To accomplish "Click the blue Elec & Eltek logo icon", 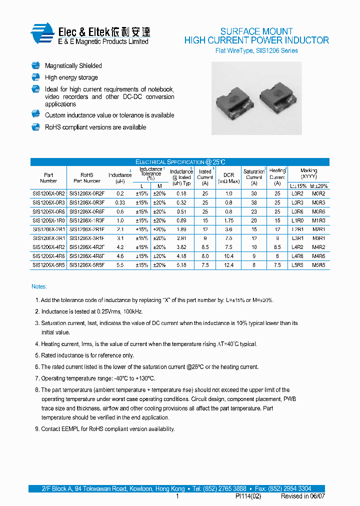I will point(42,34).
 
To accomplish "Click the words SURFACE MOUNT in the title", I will point(256,31).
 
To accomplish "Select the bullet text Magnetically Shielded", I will point(73,66).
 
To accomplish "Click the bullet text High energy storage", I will point(71,77).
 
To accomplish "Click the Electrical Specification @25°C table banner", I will point(180,162).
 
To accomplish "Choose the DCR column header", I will point(228,175).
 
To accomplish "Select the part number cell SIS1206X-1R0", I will point(48,220).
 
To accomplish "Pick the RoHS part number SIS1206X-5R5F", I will point(86,265).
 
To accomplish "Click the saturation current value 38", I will point(253,202).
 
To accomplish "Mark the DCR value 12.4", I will point(228,265).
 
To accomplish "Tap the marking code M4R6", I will point(318,256).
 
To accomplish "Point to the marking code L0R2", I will point(297,193).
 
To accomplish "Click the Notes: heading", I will point(39,286).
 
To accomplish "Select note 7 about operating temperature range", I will point(95,378).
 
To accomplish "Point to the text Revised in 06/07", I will point(302,496).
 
